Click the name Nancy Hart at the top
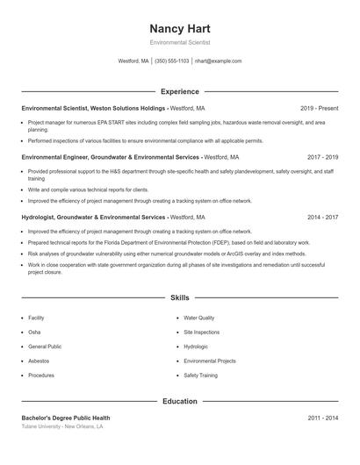pos(179,28)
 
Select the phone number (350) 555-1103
pos(172,61)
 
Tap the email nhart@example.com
pos(218,61)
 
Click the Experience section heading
pos(179,91)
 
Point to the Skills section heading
pos(179,298)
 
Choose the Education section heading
pos(179,401)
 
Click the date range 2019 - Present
pos(319,108)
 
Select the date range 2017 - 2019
pos(320,157)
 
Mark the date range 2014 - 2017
pos(320,216)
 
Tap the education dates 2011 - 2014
pos(320,418)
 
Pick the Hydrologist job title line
pos(113,216)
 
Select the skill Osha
pos(34,333)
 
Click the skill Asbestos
pos(39,361)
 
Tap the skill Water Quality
pos(198,318)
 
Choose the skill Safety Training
pos(200,375)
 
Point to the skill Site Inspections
pos(201,333)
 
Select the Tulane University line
pos(62,426)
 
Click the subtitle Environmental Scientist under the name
pos(179,42)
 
